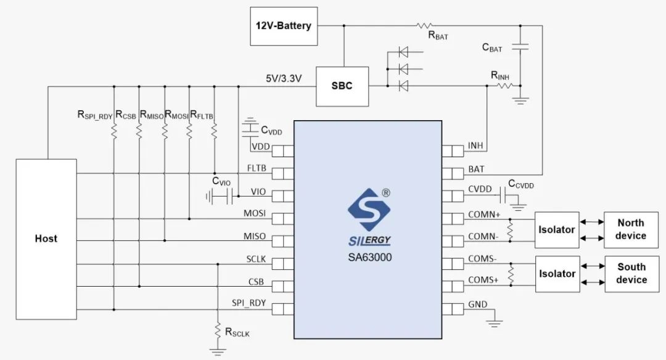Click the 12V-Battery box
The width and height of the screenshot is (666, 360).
284,27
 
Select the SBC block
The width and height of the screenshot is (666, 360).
342,86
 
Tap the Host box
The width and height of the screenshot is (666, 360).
46,239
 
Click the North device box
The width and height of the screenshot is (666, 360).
631,229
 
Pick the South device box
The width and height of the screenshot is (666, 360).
631,274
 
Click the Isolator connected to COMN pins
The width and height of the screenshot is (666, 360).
557,229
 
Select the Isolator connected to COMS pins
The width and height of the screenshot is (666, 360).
557,274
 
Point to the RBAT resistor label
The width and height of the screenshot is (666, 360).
438,36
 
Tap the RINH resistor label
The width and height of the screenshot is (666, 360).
500,75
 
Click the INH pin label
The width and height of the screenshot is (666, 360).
475,145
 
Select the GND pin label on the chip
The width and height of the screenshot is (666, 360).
477,304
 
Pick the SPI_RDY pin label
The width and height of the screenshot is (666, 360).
249,303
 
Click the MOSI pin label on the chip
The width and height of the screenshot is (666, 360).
255,213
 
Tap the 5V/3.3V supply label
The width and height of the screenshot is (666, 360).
284,79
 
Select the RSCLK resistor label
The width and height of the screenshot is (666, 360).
237,333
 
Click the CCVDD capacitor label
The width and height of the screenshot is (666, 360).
520,185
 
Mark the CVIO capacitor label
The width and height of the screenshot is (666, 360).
221,181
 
